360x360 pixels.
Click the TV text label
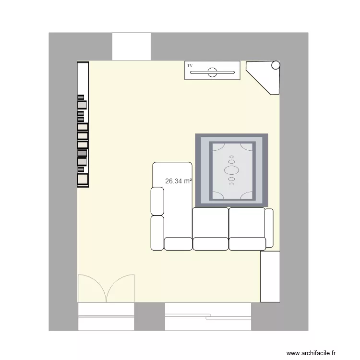[x=190, y=65]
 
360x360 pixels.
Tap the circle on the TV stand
[x=212, y=73]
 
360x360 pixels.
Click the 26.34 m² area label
[x=179, y=181]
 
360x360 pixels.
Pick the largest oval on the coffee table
[x=232, y=169]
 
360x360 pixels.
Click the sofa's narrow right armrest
[x=269, y=228]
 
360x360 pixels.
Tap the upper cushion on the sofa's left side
[x=157, y=201]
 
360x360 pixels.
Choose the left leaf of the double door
[x=91, y=288]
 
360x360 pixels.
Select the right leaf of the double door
[x=120, y=288]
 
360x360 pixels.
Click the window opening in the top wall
[x=132, y=46]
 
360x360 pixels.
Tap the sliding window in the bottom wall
[x=208, y=316]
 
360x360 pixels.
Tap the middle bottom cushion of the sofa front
[x=210, y=244]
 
